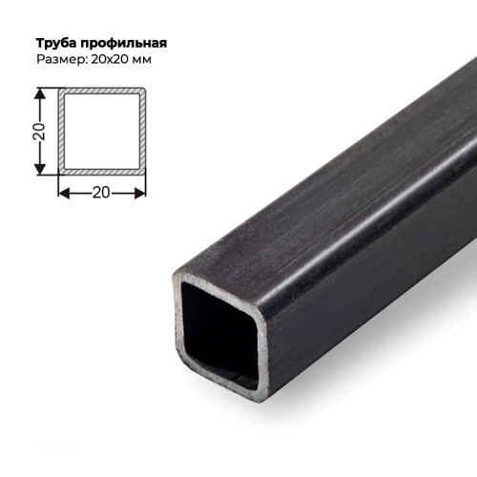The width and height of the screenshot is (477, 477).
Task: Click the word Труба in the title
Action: click(x=56, y=44)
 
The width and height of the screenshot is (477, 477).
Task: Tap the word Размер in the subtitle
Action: click(x=62, y=60)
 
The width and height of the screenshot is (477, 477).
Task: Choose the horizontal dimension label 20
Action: click(x=102, y=192)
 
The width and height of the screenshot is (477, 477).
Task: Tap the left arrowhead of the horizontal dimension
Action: click(x=63, y=192)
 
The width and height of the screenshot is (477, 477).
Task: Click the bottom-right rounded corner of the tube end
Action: click(x=263, y=386)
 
